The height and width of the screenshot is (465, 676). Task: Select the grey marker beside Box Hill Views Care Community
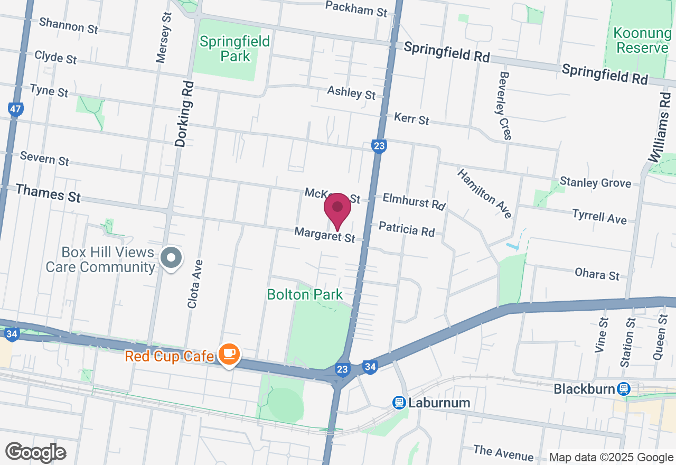pos(171,258)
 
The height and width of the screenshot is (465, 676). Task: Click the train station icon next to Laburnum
pos(399,403)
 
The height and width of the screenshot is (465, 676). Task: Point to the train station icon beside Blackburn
pos(624,389)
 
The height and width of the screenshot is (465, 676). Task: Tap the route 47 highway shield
pos(16,109)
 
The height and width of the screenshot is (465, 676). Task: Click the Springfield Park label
pos(235,48)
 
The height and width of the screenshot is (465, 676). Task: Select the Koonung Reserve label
pos(642,41)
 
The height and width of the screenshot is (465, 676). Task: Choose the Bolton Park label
pos(305,294)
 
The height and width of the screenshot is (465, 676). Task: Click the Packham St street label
pos(356,8)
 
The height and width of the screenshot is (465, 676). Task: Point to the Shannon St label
pos(68,25)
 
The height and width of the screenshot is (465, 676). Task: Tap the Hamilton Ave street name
pos(484,193)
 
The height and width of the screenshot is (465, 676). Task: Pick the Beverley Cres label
pos(504,106)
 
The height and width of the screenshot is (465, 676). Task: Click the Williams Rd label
pos(659,127)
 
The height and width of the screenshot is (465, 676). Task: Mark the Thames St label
pos(48,193)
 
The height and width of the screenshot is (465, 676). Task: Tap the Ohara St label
pos(597,274)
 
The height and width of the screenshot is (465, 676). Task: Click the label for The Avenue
pos(503,452)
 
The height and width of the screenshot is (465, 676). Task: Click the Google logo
pos(35,452)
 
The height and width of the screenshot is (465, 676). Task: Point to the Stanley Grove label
pos(595,183)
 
